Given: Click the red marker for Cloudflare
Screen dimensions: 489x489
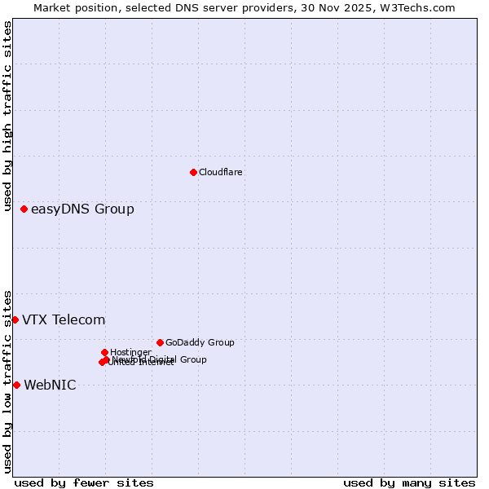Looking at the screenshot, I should [x=193, y=172].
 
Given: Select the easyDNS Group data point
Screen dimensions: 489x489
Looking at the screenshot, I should [x=24, y=209].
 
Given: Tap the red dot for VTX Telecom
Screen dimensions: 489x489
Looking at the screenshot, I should [x=15, y=319].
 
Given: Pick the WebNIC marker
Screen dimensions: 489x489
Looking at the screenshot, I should [x=16, y=385].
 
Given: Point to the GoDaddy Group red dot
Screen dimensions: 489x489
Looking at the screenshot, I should [x=160, y=342].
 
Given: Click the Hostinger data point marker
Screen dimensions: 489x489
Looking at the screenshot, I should [x=104, y=352].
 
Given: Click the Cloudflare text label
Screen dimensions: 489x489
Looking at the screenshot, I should [x=220, y=172].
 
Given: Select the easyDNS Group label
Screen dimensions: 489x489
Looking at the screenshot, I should [x=82, y=209].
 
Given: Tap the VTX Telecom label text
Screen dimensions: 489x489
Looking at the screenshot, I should [x=64, y=319].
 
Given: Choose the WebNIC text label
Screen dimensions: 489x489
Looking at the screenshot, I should [x=50, y=385].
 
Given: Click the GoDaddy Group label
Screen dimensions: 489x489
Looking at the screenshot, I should [x=200, y=342].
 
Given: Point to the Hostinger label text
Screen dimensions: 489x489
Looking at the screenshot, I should [x=130, y=352].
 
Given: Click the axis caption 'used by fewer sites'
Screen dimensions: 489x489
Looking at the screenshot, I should [x=84, y=482].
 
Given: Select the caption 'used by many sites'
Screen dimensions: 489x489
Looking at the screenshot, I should [x=409, y=482].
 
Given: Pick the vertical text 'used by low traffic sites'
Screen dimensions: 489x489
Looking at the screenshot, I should [x=7, y=381].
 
